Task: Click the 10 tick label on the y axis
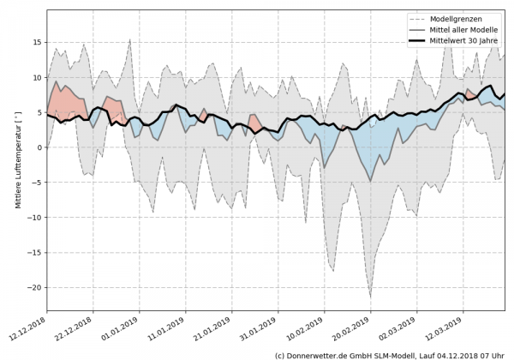click(37, 77)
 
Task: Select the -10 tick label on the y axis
click(35, 218)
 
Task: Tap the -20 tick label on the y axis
click(35, 288)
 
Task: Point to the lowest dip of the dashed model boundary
click(370, 297)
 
